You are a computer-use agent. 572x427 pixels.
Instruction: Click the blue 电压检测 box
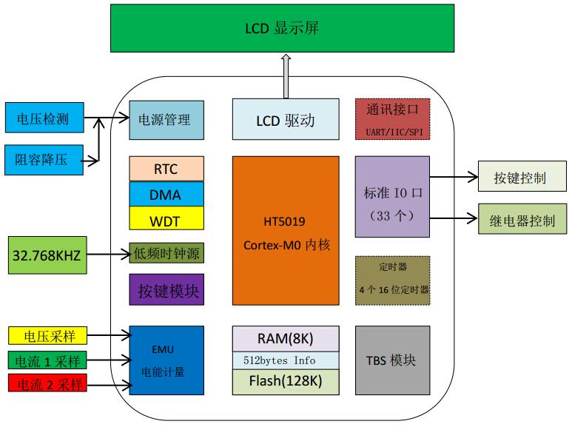[44, 118]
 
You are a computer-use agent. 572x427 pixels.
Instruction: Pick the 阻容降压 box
[44, 158]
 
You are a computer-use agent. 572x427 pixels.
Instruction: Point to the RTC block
[166, 169]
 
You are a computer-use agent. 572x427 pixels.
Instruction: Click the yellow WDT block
[166, 220]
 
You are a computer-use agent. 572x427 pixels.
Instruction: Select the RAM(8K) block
[286, 339]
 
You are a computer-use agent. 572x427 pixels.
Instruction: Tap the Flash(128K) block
[286, 382]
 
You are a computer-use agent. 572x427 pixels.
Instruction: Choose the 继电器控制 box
[522, 221]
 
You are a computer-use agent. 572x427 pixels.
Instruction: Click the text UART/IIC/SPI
[392, 132]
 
